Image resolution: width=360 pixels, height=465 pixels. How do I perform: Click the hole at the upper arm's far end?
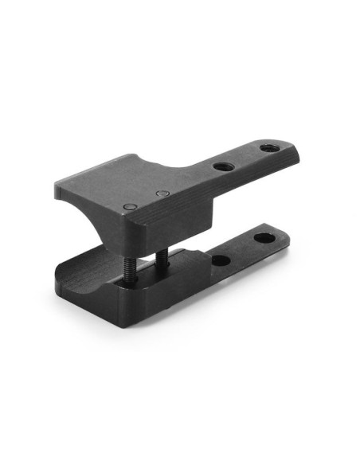268,147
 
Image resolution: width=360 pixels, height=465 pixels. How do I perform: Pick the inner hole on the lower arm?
221,260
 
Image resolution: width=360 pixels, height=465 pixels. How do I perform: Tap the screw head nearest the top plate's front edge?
130,207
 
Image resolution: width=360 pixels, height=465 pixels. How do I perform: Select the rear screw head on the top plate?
162,193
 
